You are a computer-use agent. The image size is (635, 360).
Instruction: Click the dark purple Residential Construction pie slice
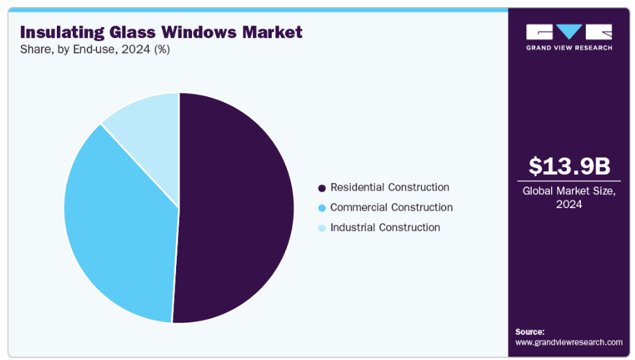[236, 208]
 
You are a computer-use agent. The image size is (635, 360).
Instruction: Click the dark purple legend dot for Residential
[322, 188]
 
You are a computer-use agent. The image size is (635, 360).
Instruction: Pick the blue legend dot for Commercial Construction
[322, 208]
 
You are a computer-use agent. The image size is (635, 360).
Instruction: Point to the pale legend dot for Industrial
[322, 228]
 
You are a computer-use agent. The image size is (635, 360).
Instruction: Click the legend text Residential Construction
[390, 187]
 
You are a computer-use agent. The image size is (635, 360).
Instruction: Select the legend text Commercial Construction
[391, 207]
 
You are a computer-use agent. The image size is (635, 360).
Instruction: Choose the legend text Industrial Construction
[385, 228]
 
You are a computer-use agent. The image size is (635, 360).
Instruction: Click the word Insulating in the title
[61, 32]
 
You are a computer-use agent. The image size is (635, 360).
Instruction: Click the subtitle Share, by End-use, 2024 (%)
[95, 49]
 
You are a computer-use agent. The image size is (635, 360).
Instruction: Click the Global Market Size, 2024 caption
[569, 197]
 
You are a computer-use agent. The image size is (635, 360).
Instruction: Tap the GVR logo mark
[569, 32]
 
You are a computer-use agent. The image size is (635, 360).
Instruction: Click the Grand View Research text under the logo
[569, 48]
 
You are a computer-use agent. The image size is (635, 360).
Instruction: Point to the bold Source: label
[530, 332]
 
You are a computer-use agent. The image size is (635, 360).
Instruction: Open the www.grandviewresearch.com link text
[569, 342]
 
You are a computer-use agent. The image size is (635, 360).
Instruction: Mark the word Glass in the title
[132, 32]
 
